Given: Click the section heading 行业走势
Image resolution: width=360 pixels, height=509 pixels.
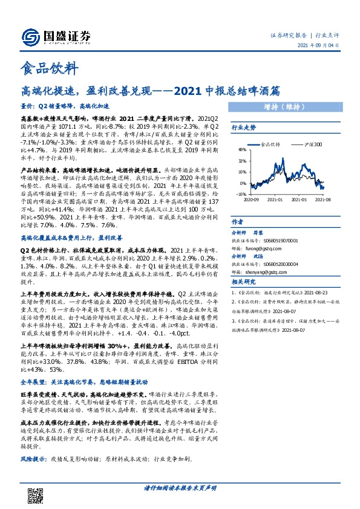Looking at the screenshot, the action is (244, 128).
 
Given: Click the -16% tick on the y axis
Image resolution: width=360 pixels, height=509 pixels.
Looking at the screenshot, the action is (241, 195).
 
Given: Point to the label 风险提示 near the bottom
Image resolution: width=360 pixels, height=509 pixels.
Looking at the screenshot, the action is (34, 459).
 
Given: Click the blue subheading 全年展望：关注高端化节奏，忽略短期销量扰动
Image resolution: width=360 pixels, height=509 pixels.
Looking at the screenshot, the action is (85, 383).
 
